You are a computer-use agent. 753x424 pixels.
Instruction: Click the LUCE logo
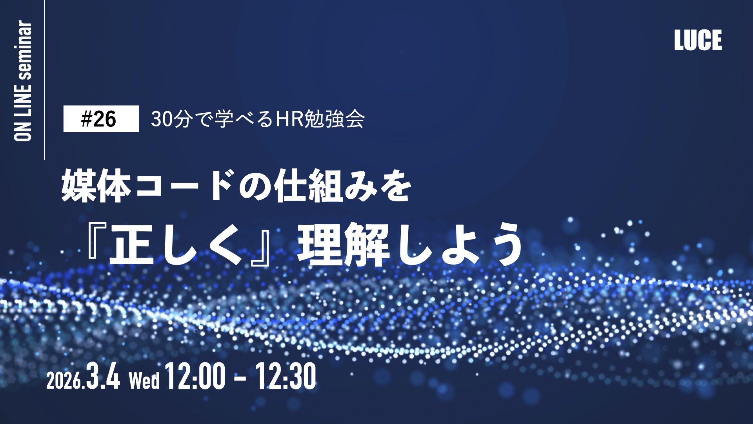(x=698, y=40)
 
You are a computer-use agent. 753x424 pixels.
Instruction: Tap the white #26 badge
(x=101, y=119)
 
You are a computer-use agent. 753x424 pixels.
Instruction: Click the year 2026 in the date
(x=64, y=380)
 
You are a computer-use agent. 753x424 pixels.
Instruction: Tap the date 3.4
(x=103, y=376)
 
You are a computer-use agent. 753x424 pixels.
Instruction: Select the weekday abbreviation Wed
(x=144, y=380)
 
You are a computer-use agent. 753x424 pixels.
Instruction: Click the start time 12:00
(x=195, y=376)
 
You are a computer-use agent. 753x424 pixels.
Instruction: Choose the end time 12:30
(x=286, y=376)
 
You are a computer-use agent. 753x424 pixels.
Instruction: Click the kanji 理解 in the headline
(x=343, y=244)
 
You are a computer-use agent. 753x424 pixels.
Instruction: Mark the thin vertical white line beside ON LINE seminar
(x=44, y=80)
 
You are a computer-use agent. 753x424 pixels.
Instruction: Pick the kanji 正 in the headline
(x=132, y=244)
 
